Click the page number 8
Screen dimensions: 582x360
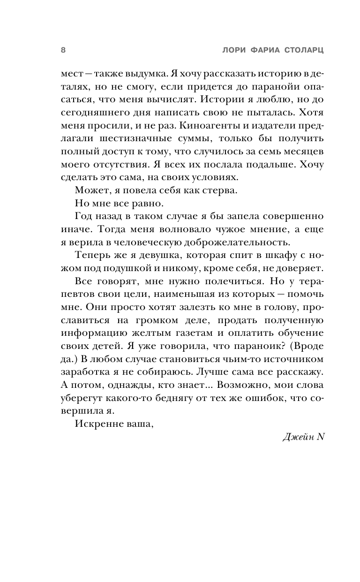click(x=63, y=51)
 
